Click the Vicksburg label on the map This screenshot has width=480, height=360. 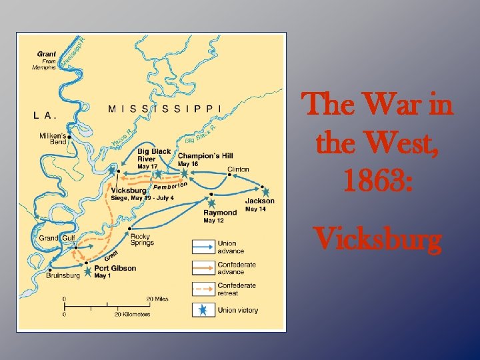coord(129,191)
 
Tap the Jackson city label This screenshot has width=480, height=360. coord(259,201)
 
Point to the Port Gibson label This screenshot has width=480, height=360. coord(115,268)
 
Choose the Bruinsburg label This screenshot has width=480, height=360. coord(63,275)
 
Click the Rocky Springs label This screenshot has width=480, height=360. coord(141,239)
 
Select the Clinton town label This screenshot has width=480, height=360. coord(238,169)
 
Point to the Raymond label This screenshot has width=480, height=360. coord(220,213)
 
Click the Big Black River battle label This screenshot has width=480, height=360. coord(154,155)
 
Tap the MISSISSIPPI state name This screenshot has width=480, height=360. coord(164,108)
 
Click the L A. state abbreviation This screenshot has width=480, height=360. coord(45,115)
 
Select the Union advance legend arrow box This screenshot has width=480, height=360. coord(203,247)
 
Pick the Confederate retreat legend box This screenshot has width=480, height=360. coord(203,289)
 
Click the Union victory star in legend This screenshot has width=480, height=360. coord(203,310)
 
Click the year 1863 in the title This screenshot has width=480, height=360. coord(378,182)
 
